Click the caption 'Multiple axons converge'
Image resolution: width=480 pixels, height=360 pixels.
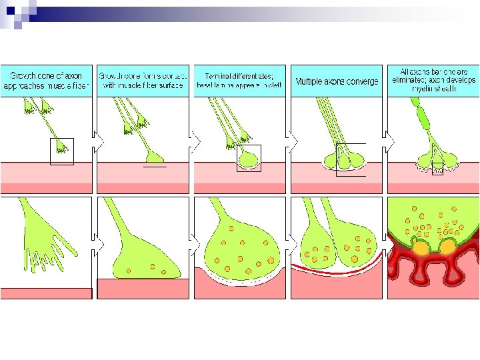click(x=337, y=81)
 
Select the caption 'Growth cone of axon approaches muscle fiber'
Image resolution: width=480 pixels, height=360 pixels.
click(x=46, y=81)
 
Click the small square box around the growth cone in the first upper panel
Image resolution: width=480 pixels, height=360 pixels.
click(x=62, y=151)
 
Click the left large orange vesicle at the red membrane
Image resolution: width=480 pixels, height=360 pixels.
click(x=421, y=248)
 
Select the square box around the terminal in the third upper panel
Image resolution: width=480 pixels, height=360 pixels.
click(x=249, y=158)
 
